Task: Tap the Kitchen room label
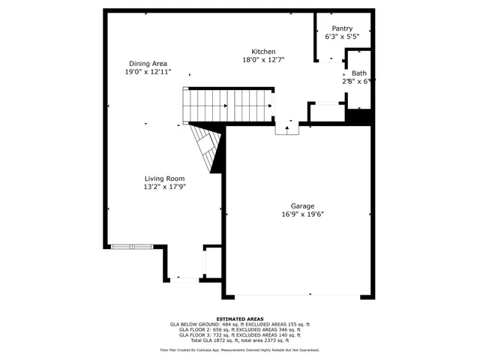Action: click(x=262, y=51)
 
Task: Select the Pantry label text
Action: click(x=341, y=28)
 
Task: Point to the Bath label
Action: click(x=358, y=73)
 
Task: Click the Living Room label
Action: click(x=165, y=178)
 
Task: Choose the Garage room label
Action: click(x=302, y=205)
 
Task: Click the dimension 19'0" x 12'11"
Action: click(x=148, y=72)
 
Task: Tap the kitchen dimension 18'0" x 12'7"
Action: click(x=262, y=60)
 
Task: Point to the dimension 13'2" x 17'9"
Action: click(x=165, y=187)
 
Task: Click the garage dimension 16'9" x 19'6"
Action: click(x=302, y=214)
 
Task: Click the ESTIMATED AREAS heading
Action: click(x=239, y=319)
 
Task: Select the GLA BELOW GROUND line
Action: click(x=239, y=325)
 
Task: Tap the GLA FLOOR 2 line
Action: click(x=239, y=330)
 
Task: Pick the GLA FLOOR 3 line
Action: click(x=239, y=335)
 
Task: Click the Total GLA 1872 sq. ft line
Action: click(x=239, y=340)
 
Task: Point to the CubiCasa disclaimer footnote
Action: click(x=239, y=350)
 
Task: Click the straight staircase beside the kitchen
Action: click(x=228, y=106)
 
